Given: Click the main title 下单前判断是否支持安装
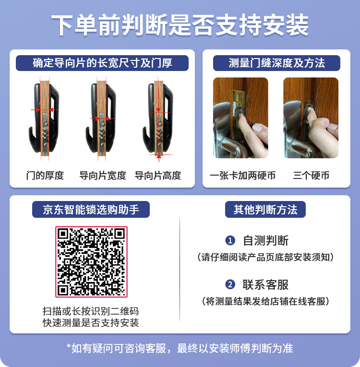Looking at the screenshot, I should pos(180,25).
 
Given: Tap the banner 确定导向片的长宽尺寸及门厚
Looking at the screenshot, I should pos(102,63).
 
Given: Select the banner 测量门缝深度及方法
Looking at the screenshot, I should pos(276,63).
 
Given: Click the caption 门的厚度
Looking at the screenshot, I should pos(45,176).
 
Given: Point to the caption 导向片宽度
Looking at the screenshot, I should pos(103,176).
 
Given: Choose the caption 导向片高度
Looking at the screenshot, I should pos(158,176).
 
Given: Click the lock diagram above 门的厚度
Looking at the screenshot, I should pos(46,118).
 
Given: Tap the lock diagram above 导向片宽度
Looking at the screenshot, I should pos(102,118).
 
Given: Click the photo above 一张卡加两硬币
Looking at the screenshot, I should pos(240,118).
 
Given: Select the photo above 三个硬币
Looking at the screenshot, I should pos(311,118).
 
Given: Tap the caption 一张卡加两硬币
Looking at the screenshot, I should pos(243,176).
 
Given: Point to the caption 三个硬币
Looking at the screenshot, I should pos(311,176).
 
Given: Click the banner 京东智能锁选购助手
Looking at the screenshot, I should pos(91,210).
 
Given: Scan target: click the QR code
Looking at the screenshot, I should pos(91,261).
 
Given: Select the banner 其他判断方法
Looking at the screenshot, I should pos(265,210).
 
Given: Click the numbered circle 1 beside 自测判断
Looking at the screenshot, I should pos(230,240).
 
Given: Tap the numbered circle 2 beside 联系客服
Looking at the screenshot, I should pos(230,284).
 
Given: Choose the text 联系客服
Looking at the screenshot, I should pos(265,284).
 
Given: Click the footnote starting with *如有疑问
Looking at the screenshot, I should pos(180,348).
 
